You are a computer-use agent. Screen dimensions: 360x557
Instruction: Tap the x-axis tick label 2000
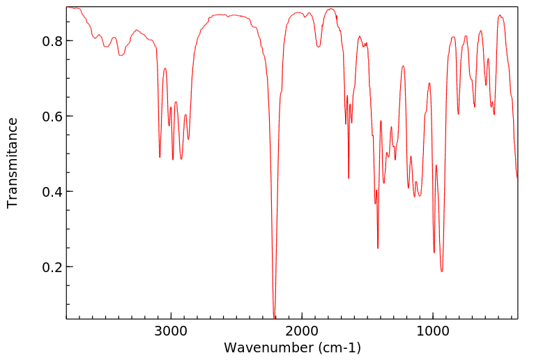click(302, 329)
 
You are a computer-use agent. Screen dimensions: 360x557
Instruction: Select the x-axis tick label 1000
click(433, 329)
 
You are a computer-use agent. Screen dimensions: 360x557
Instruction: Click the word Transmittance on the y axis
click(13, 163)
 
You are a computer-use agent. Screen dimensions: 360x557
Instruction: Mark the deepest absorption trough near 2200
click(275, 316)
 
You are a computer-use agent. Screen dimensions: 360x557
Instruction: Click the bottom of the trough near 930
click(441, 271)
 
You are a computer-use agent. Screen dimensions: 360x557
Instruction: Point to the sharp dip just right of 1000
click(434, 253)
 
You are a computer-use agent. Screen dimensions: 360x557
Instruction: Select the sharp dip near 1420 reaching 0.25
click(378, 248)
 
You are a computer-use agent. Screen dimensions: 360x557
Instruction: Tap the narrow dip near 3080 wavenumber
click(160, 157)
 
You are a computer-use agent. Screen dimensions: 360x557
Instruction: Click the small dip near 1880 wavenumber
click(318, 47)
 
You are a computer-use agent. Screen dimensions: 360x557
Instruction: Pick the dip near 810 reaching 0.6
click(458, 114)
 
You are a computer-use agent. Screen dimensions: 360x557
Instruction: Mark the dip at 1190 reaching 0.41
click(409, 188)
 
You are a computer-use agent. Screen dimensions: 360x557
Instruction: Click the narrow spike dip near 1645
click(349, 178)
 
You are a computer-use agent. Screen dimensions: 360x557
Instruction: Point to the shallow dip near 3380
click(121, 55)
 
